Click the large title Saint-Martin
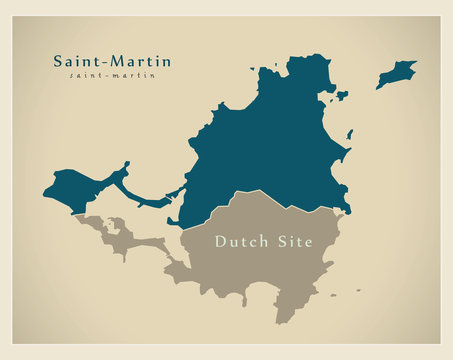point(112,62)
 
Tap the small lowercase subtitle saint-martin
point(112,76)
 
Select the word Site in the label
point(296,242)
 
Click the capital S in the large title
point(58,62)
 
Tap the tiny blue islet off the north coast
point(342,96)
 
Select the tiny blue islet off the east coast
point(349,134)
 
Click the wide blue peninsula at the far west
point(75,188)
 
